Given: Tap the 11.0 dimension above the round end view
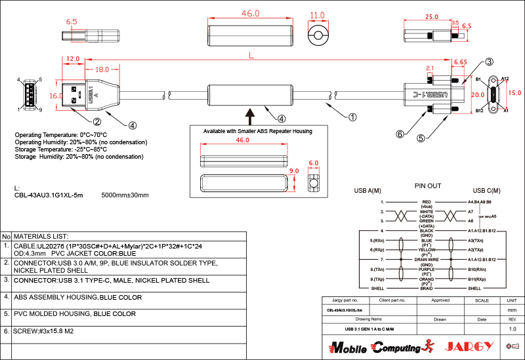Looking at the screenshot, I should [x=318, y=15].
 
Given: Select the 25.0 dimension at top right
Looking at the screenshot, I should [x=431, y=16].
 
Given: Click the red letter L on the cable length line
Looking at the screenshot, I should [x=252, y=56].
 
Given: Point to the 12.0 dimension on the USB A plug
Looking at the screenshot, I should [x=73, y=58].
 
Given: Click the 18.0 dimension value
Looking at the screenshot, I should [x=102, y=70].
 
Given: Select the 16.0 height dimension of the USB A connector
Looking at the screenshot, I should [x=56, y=96].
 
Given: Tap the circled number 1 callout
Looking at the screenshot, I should [x=352, y=117].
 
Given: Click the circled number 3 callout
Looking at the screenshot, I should [x=489, y=62].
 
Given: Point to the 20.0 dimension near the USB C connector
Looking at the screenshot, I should [x=477, y=94].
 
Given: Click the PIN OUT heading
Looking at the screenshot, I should [x=428, y=186].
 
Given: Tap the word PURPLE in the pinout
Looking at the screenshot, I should [x=427, y=269].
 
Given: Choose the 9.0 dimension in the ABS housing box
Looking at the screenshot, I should [x=295, y=171].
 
